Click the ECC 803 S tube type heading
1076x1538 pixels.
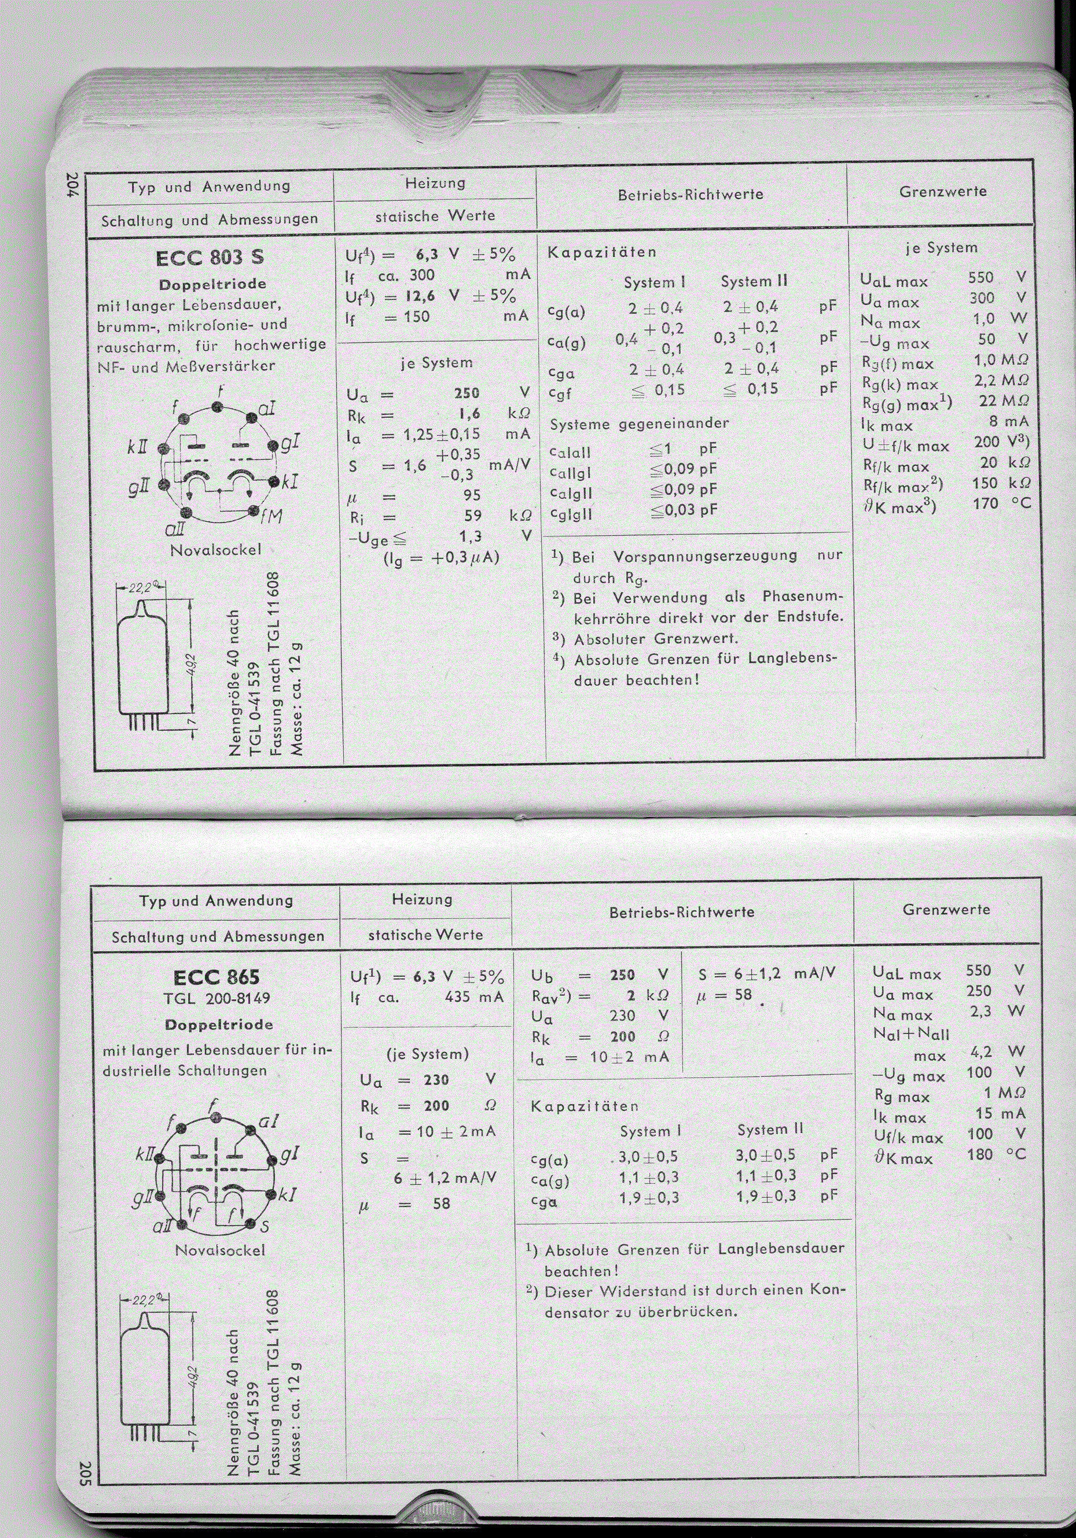coord(209,258)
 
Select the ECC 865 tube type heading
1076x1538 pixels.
coord(216,977)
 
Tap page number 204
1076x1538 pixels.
coord(73,186)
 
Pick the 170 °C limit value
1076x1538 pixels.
coord(1000,503)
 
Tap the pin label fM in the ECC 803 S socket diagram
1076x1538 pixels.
coord(272,517)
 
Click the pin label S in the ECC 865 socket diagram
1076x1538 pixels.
coord(264,1227)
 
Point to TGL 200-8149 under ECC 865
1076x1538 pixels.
coord(216,999)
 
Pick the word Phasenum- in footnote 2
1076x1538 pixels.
coord(803,597)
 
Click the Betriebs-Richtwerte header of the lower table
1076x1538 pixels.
coord(681,913)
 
